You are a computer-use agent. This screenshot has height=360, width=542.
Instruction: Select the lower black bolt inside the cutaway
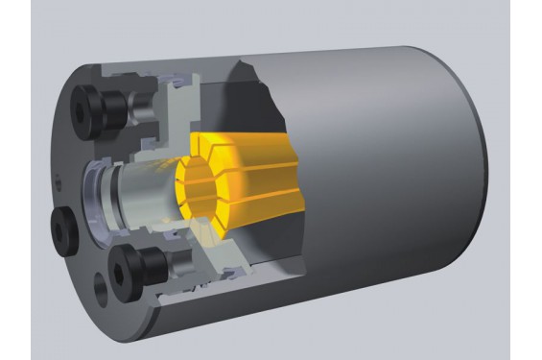click(130, 272)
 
